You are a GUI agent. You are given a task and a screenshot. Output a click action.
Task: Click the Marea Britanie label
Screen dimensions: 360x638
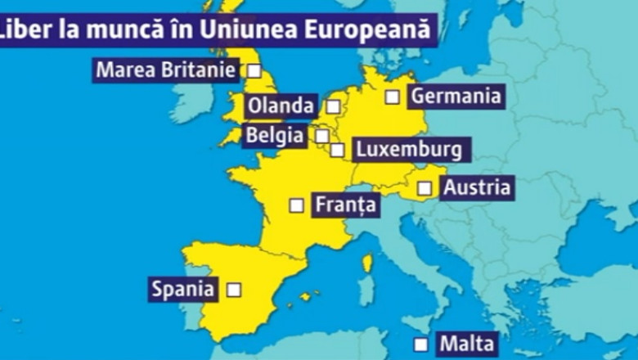pos(166,70)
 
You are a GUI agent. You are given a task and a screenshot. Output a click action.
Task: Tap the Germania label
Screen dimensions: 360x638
pos(455,96)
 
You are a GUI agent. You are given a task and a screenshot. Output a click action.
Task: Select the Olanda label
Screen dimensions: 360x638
pos(280,106)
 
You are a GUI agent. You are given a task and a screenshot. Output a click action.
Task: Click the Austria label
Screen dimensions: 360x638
pos(477,187)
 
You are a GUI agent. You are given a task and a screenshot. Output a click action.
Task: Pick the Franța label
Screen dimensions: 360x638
pos(345,205)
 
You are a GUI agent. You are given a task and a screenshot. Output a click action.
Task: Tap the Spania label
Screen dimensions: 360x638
pos(183,288)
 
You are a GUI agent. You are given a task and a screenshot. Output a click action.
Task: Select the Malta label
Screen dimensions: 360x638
pos(466,343)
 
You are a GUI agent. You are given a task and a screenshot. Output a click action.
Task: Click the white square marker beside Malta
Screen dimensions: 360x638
pos(420,344)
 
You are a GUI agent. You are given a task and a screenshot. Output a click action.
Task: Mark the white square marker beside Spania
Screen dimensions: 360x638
pos(234,289)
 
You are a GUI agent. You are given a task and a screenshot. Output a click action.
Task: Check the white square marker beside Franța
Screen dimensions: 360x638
pos(296,205)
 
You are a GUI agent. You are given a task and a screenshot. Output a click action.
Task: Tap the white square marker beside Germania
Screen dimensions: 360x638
pos(393,97)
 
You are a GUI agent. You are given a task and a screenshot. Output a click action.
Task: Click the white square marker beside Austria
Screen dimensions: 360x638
pos(425,188)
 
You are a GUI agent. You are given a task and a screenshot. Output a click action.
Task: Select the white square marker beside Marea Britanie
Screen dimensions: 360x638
pos(254,70)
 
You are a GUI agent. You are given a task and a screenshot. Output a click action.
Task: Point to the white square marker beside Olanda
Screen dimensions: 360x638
pos(333,106)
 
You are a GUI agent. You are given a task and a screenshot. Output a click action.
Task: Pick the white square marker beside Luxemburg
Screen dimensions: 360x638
pos(337,150)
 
